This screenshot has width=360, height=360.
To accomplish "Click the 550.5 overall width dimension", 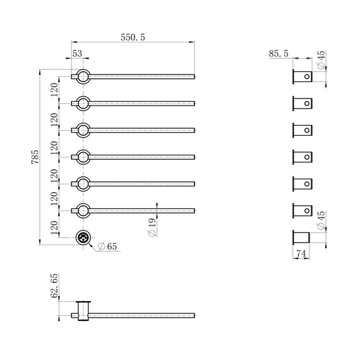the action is pos(133,37).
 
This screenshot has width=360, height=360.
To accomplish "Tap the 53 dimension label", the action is pos(77,54).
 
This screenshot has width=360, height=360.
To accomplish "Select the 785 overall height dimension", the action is pos(35,157).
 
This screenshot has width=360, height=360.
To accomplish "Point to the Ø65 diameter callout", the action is pos(107,246).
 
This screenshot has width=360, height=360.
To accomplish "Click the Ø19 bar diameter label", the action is pos(152,227).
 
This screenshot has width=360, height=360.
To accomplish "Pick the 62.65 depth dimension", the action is pos(54,286).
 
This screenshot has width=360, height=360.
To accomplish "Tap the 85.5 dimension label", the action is pos(279,54).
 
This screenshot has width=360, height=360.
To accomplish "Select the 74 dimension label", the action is pos(301,253).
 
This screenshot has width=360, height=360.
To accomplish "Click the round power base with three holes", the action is pos(83,237).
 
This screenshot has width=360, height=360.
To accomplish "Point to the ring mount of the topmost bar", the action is pos(83,69).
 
